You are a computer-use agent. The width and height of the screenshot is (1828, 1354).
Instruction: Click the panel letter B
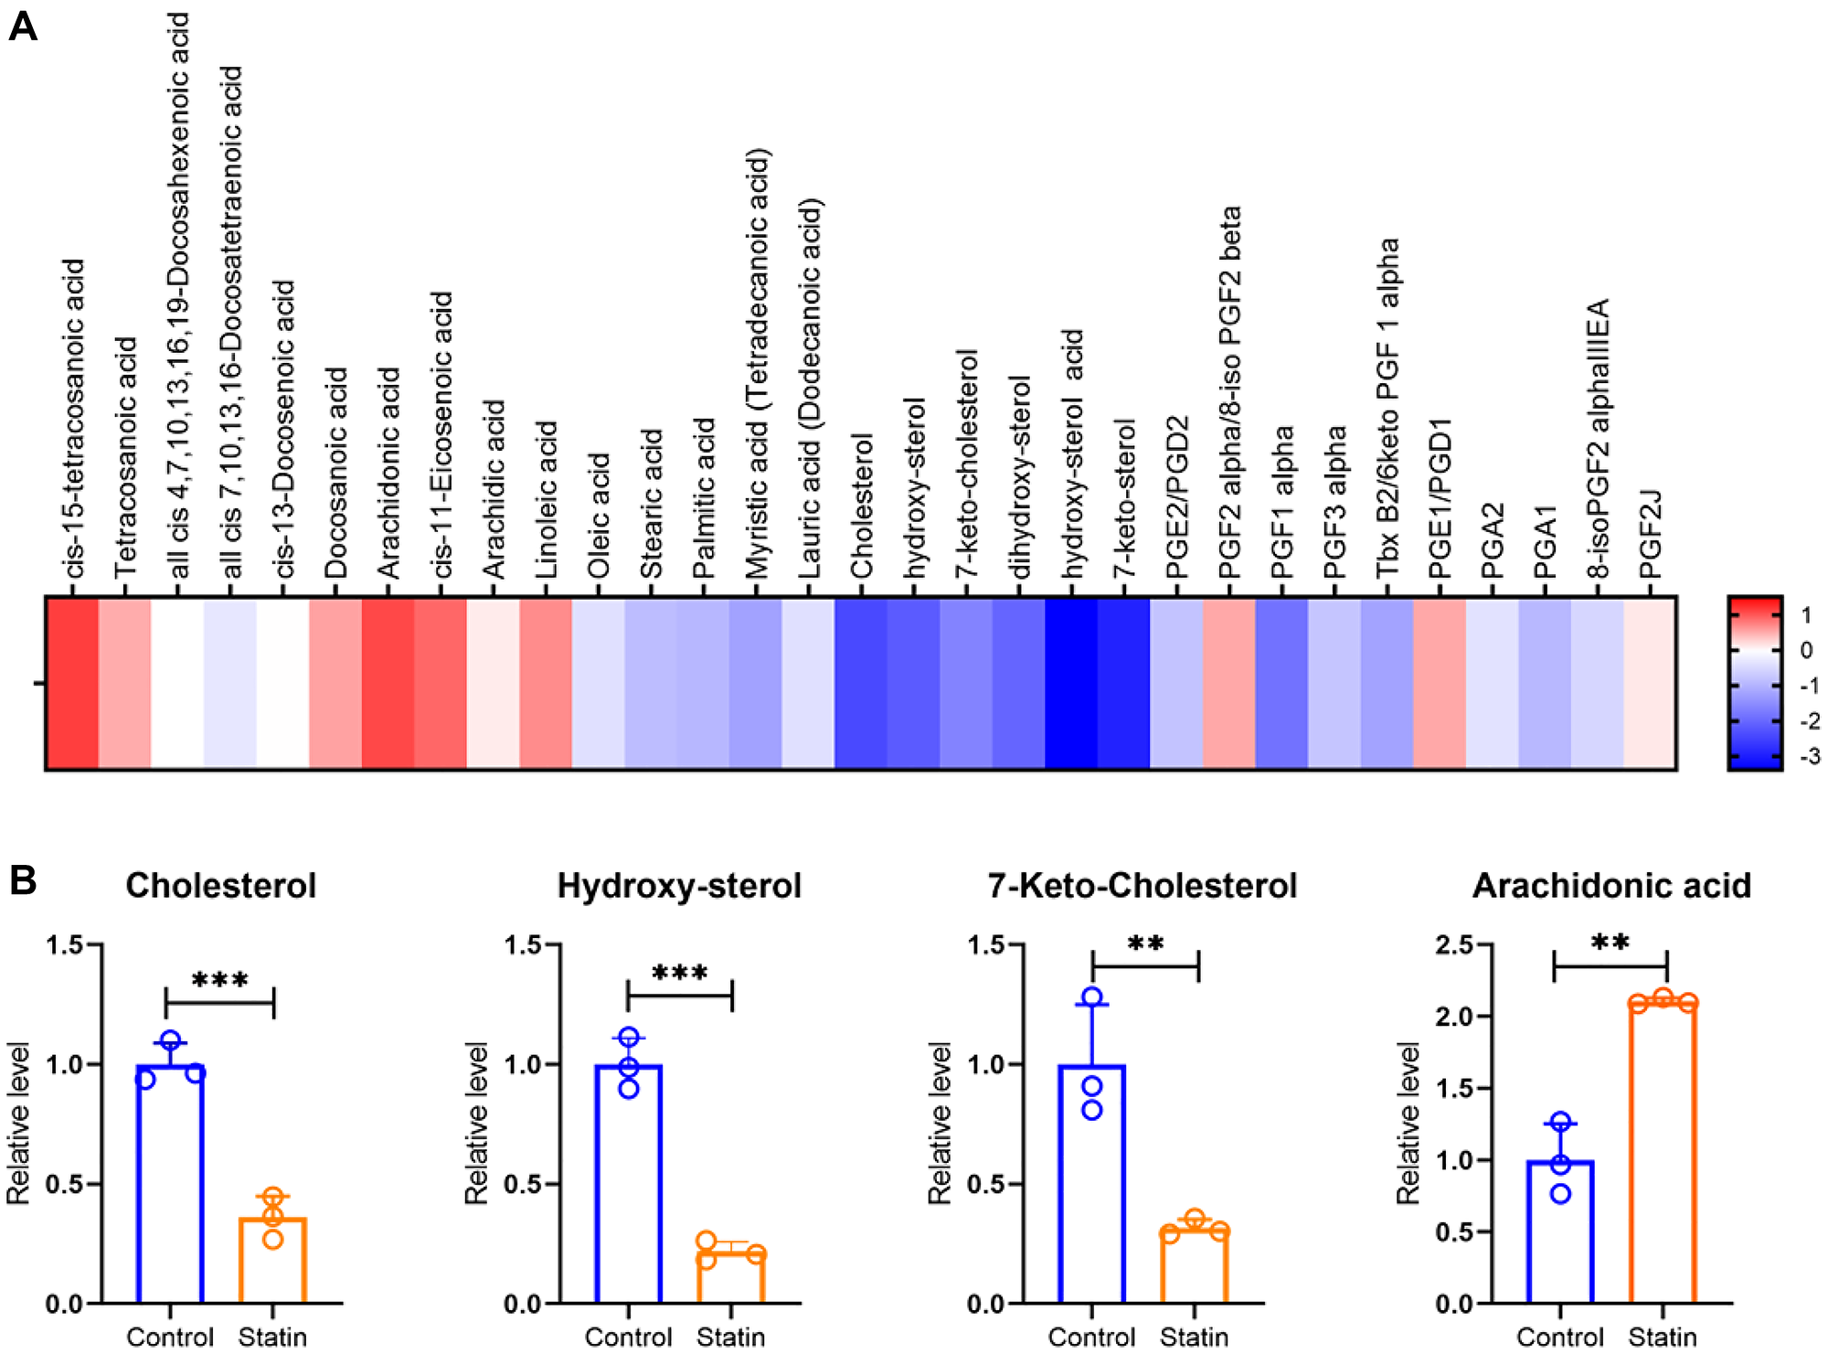[x=23, y=880]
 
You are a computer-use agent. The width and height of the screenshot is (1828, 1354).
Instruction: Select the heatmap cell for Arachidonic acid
[x=388, y=683]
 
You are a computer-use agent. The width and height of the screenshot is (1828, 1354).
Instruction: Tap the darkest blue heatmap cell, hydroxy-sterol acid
[x=1070, y=683]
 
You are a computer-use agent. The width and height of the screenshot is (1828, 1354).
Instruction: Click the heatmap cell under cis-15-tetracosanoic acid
[x=72, y=683]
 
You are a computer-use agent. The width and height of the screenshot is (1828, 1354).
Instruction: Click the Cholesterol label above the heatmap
[x=861, y=506]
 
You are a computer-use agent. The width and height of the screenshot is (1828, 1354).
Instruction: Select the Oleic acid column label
[x=598, y=516]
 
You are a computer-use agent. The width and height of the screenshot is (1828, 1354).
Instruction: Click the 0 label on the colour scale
[x=1806, y=650]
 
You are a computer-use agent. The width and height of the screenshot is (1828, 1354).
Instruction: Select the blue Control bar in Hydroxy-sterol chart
[x=628, y=1184]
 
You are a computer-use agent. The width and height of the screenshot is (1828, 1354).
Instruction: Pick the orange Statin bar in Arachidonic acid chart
[x=1663, y=1152]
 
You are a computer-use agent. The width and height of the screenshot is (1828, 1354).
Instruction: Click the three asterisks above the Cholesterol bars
[x=220, y=981]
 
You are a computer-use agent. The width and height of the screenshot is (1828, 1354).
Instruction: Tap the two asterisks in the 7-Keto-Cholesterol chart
[x=1145, y=944]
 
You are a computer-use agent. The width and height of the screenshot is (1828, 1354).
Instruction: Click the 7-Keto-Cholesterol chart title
[x=1142, y=885]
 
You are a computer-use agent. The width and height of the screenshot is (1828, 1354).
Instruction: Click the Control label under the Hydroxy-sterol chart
[x=628, y=1337]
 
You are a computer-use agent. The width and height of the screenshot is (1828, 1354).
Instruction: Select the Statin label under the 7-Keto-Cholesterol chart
[x=1194, y=1337]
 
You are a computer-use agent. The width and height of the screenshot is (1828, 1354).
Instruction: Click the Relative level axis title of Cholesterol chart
[x=19, y=1123]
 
